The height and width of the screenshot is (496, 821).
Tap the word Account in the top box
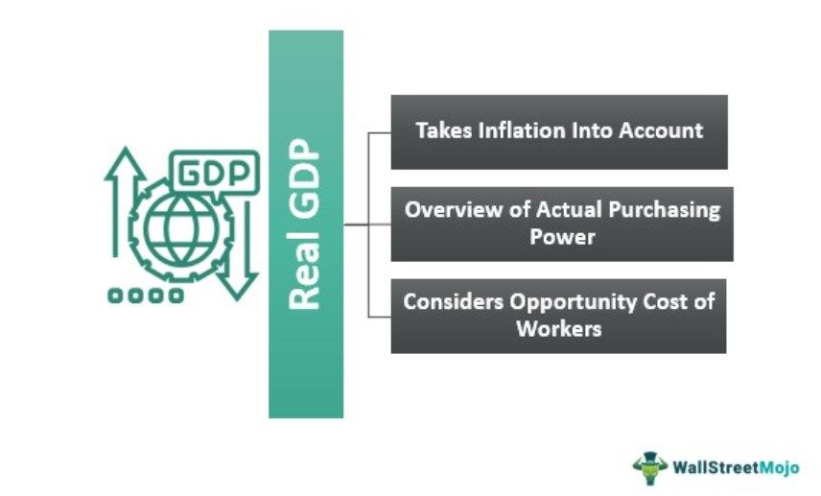pyautogui.click(x=661, y=130)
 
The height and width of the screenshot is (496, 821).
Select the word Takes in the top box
pyautogui.click(x=444, y=130)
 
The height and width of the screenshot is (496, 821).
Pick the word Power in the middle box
pyautogui.click(x=562, y=237)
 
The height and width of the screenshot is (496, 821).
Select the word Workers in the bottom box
pyautogui.click(x=558, y=329)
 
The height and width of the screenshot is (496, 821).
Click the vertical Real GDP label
pyautogui.click(x=305, y=224)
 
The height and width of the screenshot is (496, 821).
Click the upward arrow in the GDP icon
pyautogui.click(x=125, y=201)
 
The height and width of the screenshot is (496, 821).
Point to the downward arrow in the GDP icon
pyautogui.click(x=238, y=251)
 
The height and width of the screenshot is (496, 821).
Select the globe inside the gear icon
pyautogui.click(x=180, y=229)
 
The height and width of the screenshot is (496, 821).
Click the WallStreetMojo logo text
pyautogui.click(x=736, y=466)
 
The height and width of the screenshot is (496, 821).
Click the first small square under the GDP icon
pyautogui.click(x=115, y=295)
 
